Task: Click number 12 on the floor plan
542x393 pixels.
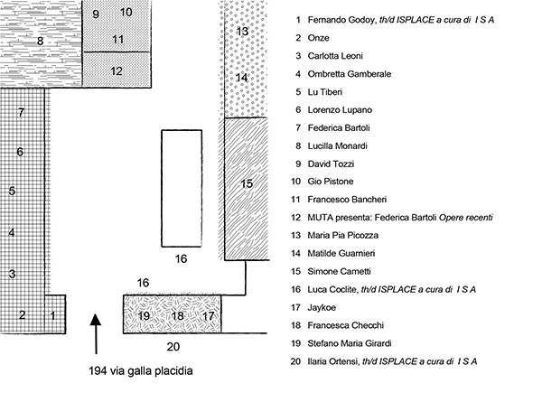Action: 117,70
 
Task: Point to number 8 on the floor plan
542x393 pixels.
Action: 40,41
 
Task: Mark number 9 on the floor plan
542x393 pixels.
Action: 96,14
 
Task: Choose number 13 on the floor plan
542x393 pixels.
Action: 242,32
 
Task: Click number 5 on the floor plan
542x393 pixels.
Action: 12,192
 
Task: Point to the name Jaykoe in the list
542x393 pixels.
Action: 322,307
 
